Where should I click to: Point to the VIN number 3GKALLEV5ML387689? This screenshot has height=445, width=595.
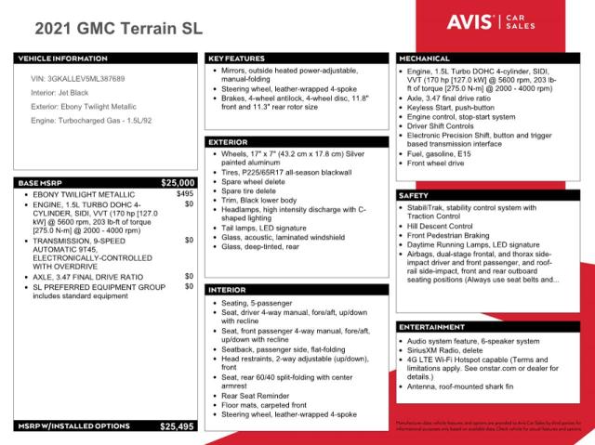coord(79,80)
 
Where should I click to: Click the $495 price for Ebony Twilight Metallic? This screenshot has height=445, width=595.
coord(184,194)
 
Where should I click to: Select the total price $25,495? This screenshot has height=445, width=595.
coord(177,426)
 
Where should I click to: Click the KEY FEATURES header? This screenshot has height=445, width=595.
coord(237,58)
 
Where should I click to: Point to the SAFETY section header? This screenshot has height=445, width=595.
coord(416,196)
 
